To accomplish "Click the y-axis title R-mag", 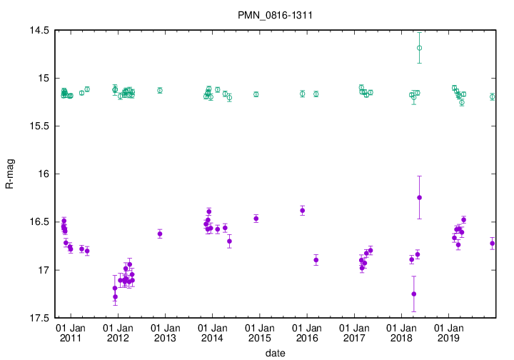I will tap(10, 174).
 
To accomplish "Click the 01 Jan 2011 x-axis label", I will tap(70, 332).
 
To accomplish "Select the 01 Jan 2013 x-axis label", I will tap(165, 332).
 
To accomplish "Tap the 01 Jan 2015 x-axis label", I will tap(259, 332).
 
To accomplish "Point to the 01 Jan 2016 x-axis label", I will tap(307, 332).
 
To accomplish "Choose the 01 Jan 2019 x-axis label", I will tap(448, 332).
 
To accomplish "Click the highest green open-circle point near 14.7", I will tap(419, 48).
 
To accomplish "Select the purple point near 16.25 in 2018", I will tap(419, 197).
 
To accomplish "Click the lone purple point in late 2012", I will tap(159, 234).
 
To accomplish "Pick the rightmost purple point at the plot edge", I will tap(493, 244).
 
